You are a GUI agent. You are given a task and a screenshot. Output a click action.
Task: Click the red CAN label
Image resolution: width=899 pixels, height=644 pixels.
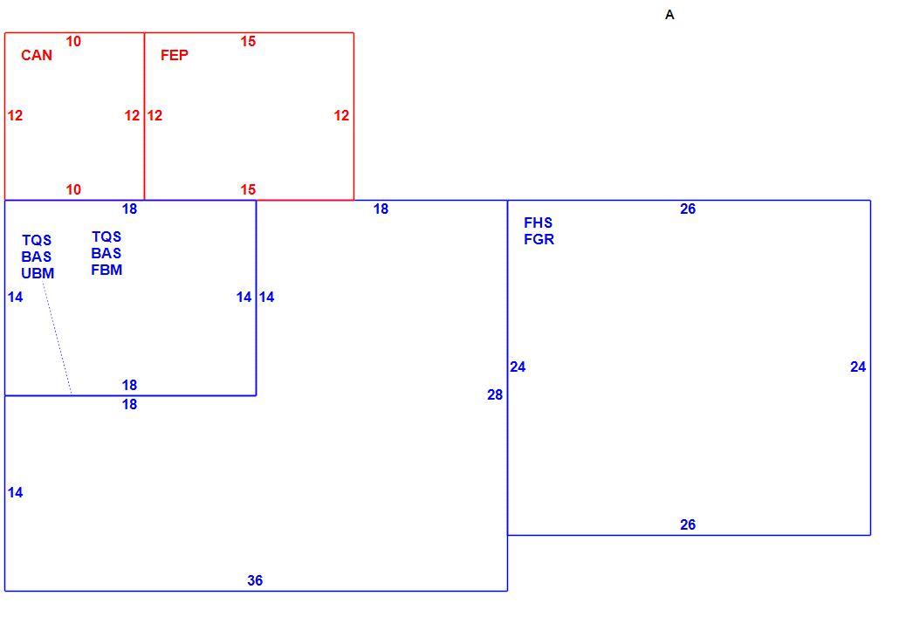[37, 55]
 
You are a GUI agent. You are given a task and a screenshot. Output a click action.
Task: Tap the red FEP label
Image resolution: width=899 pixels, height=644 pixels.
[175, 55]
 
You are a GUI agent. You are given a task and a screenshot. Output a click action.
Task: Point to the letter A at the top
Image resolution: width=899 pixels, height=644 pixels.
[669, 15]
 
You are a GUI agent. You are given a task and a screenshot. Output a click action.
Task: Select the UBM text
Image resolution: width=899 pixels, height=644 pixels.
[38, 273]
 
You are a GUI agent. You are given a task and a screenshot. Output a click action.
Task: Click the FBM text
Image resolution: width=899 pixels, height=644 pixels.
[106, 270]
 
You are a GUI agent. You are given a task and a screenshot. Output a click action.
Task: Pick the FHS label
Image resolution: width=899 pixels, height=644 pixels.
[539, 223]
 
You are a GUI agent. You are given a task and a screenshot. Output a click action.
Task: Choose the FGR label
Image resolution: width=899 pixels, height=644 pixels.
[539, 239]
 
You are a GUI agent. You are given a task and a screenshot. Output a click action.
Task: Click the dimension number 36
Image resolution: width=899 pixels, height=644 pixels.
[255, 580]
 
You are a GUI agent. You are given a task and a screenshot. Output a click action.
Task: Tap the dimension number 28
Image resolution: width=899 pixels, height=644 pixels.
[495, 394]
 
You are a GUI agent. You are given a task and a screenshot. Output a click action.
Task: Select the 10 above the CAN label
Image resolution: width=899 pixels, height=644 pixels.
[73, 41]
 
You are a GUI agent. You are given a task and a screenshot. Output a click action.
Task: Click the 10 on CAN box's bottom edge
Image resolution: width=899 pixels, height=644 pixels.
[73, 189]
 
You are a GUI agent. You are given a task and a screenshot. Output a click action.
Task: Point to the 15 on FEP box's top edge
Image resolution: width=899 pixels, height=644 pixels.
[248, 41]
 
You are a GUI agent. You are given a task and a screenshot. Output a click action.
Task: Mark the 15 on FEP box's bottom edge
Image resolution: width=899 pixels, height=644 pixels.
[248, 189]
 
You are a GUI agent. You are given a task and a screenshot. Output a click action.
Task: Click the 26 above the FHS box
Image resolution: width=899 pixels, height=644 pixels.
[688, 209]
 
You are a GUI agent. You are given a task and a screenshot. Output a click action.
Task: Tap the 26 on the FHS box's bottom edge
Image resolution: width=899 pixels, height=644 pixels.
[688, 524]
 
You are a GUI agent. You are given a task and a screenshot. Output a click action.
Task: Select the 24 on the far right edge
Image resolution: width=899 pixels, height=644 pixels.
[858, 367]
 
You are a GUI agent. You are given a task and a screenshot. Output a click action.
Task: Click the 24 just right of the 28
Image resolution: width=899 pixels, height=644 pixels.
[518, 367]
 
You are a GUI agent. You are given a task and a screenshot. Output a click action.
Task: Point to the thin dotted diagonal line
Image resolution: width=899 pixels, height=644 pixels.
[58, 339]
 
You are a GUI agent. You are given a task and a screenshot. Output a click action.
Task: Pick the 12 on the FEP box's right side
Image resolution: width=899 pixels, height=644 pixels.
[342, 116]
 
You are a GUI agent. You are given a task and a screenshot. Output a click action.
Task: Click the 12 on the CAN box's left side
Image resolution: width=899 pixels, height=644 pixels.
[15, 116]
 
